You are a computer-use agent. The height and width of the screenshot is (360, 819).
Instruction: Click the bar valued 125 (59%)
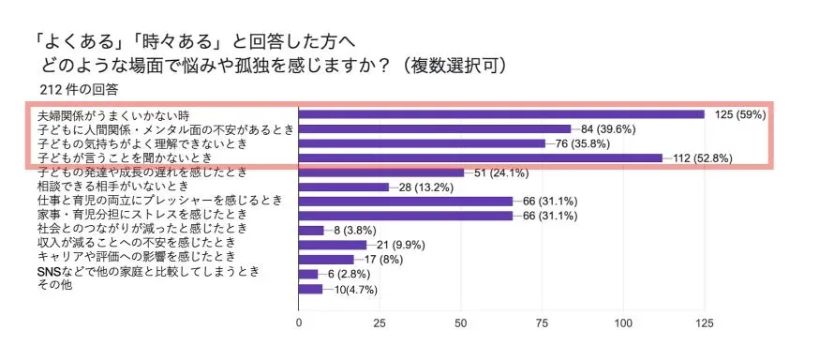coord(500,114)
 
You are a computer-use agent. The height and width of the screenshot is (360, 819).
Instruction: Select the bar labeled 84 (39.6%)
coord(434,129)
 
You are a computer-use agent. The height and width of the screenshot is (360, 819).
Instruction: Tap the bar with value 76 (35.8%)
coord(421,143)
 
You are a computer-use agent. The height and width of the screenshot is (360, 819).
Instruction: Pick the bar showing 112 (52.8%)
coord(480,158)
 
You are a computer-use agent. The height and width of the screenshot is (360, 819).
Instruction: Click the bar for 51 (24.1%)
coord(380,172)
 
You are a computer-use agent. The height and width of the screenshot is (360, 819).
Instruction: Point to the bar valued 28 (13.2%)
coord(343,187)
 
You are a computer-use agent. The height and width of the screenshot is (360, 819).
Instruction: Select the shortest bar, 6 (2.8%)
coord(307,274)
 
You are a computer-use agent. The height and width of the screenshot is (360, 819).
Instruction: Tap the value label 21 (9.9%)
coord(400,245)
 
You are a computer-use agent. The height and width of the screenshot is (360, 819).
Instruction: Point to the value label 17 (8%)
coord(385,259)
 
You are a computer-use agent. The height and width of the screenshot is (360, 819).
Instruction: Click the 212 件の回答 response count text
coord(80,90)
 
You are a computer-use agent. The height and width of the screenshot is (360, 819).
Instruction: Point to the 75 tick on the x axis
coord(542,322)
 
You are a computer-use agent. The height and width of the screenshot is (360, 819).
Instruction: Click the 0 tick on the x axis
coord(298,322)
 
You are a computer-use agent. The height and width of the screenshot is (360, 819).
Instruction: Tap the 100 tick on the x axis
coord(622,322)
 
